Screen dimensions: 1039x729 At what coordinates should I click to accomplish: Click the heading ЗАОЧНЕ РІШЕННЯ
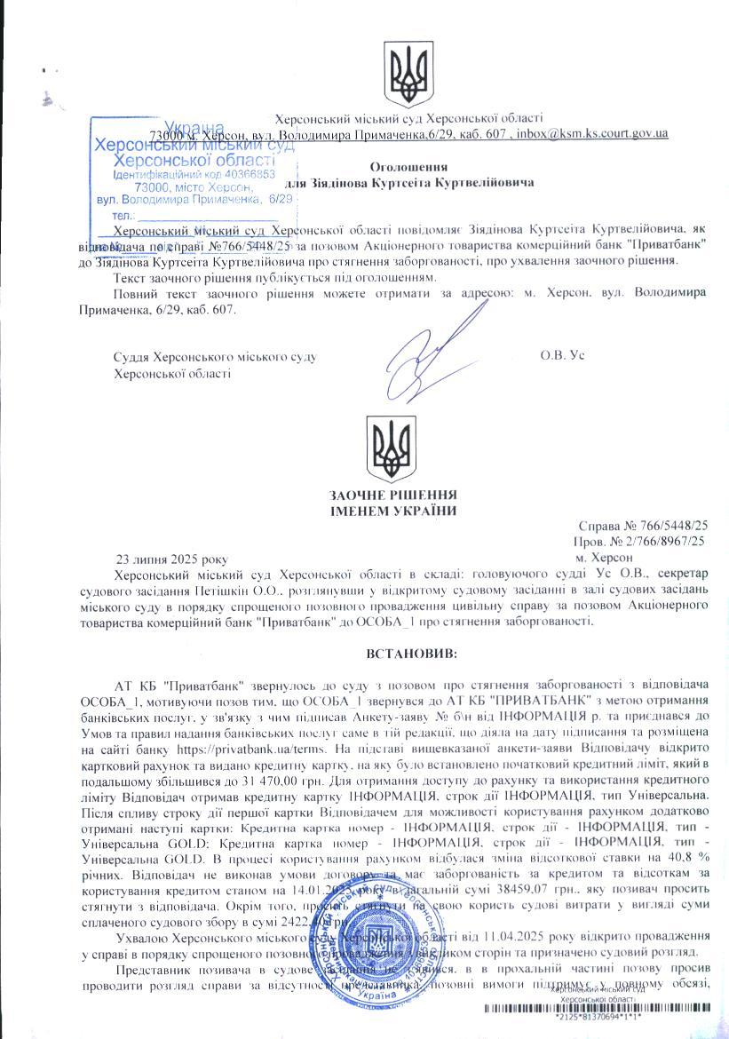tap(393, 495)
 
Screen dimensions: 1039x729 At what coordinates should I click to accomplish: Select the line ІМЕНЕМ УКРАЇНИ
tap(393, 511)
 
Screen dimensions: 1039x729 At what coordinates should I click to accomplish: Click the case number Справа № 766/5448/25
tap(642, 526)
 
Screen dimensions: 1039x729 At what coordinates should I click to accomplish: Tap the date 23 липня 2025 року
tap(172, 559)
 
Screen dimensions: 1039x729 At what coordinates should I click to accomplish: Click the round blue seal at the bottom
tap(377, 959)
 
